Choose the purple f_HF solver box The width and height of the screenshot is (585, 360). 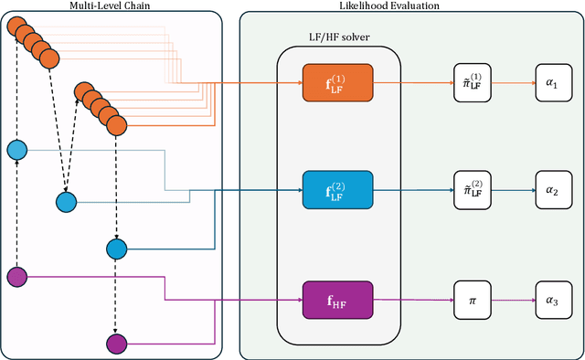coord(337,299)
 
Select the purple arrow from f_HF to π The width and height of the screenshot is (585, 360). coord(411,299)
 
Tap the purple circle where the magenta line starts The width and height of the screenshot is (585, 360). coord(16,276)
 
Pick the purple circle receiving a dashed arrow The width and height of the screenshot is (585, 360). coord(116,344)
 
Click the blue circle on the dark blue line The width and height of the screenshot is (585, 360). coord(116,249)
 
